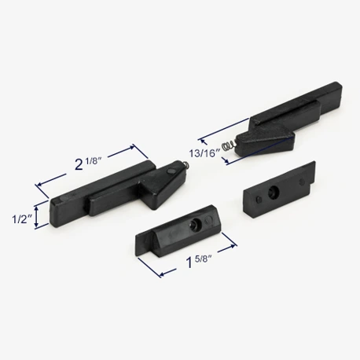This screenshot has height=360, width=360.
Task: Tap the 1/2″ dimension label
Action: point(23,219)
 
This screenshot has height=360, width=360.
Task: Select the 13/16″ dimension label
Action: point(204,152)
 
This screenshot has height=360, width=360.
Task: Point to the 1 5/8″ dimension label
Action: point(198,261)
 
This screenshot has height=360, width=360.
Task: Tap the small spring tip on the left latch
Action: point(186,165)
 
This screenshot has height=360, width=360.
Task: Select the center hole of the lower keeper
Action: point(195,224)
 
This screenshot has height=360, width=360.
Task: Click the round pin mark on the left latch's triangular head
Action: point(171,171)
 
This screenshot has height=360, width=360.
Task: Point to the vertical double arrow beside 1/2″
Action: point(37,216)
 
